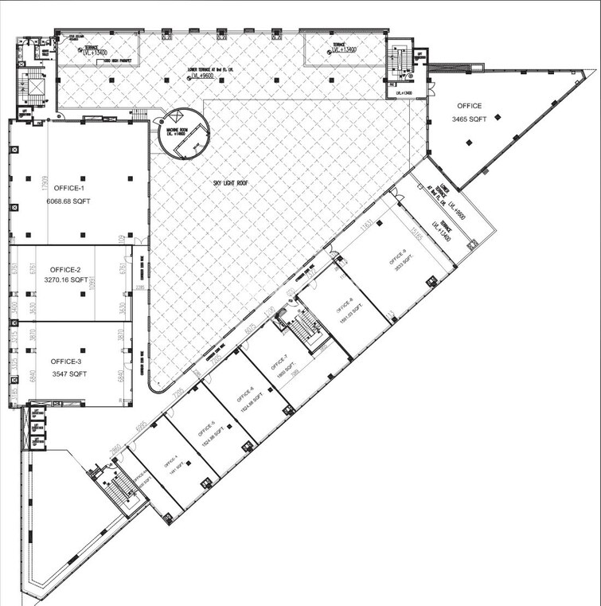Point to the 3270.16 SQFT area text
click(66, 281)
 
